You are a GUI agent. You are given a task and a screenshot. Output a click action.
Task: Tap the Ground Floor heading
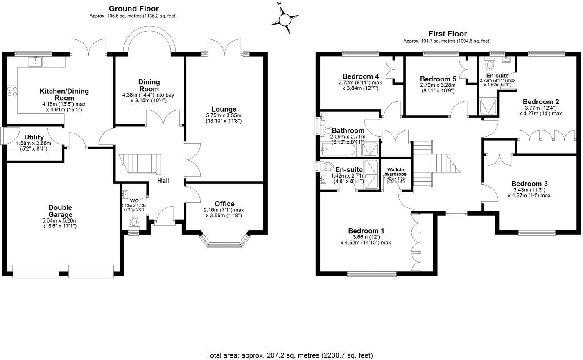[133, 9]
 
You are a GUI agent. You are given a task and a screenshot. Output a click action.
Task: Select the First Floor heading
[447, 34]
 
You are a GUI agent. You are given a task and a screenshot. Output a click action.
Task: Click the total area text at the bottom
[289, 355]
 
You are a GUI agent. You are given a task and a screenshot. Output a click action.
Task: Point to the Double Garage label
[60, 211]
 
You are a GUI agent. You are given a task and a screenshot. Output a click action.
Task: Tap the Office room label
[224, 204]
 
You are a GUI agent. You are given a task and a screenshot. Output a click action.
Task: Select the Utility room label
[34, 137]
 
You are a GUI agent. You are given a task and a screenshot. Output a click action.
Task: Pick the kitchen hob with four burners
[11, 92]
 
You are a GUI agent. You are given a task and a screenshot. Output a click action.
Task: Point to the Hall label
[164, 180]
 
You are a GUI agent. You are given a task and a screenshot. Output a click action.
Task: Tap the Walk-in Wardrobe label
[395, 171]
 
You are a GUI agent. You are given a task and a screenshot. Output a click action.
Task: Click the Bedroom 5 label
[438, 79]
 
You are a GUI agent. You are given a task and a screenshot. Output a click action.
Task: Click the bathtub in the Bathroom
[338, 149]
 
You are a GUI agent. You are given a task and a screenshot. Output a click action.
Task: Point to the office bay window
[224, 245]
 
